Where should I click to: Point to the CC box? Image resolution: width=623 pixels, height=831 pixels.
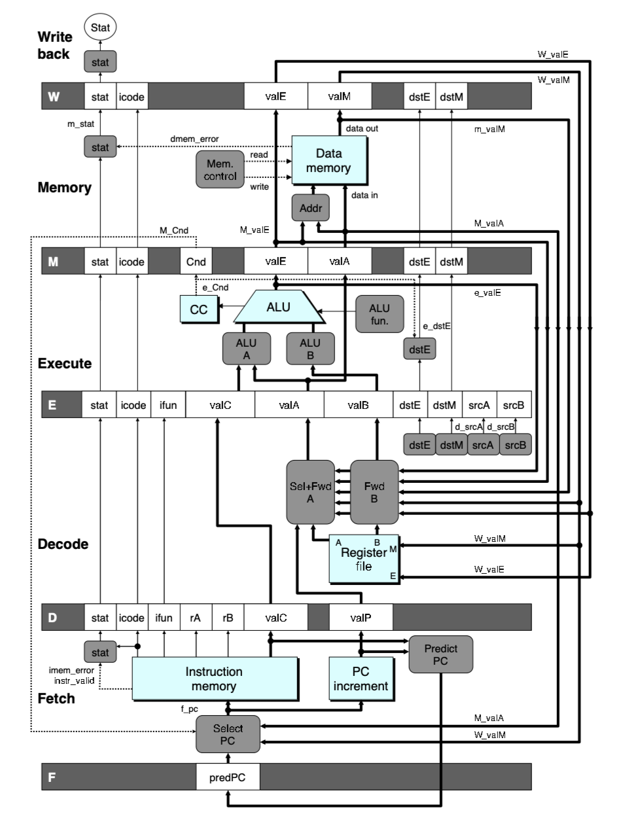click(x=199, y=310)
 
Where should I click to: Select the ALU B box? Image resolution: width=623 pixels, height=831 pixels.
click(x=310, y=347)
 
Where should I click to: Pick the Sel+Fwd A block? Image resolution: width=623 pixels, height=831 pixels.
click(x=311, y=491)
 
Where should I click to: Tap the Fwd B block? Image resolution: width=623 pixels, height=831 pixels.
click(x=374, y=491)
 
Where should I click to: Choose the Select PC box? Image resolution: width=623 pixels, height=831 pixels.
click(x=228, y=734)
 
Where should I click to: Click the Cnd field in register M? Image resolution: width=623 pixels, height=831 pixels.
click(x=196, y=263)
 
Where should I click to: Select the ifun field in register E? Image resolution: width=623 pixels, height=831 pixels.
click(x=168, y=405)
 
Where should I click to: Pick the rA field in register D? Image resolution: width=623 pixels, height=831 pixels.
click(x=196, y=616)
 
